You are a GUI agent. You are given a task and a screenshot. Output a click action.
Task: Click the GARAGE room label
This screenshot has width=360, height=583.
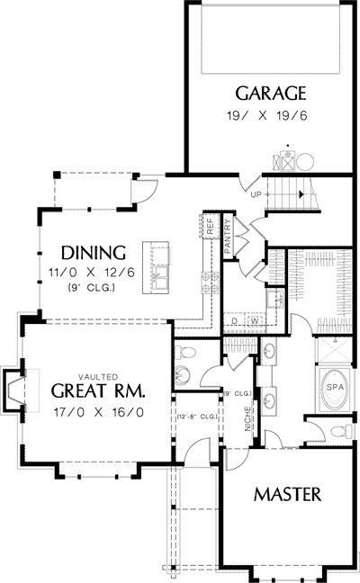click(x=272, y=93)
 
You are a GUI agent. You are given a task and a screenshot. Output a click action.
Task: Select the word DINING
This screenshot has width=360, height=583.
click(x=94, y=251)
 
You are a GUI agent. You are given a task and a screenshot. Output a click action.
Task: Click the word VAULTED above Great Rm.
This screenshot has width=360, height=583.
click(x=98, y=377)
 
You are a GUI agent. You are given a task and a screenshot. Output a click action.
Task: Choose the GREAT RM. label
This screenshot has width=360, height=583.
click(x=98, y=391)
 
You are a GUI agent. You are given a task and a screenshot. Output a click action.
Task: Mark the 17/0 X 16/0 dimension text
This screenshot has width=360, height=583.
click(x=98, y=412)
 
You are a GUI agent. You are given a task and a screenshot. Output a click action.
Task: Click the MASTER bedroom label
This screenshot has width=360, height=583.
click(x=288, y=494)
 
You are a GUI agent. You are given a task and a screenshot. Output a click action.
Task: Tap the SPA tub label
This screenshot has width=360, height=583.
click(x=334, y=387)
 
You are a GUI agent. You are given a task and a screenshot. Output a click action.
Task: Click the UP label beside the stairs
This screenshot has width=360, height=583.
click(x=255, y=194)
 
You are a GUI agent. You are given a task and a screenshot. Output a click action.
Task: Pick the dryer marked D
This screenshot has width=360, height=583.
click(x=234, y=319)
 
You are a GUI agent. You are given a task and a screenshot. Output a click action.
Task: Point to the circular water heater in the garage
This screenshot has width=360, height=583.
click(x=304, y=162)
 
